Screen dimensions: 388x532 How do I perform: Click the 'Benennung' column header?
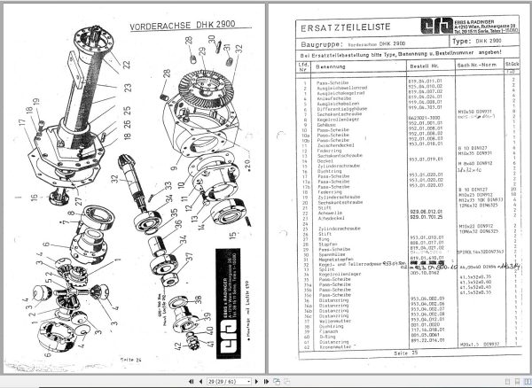click(328, 66)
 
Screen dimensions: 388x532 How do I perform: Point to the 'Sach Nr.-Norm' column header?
click(474, 66)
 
